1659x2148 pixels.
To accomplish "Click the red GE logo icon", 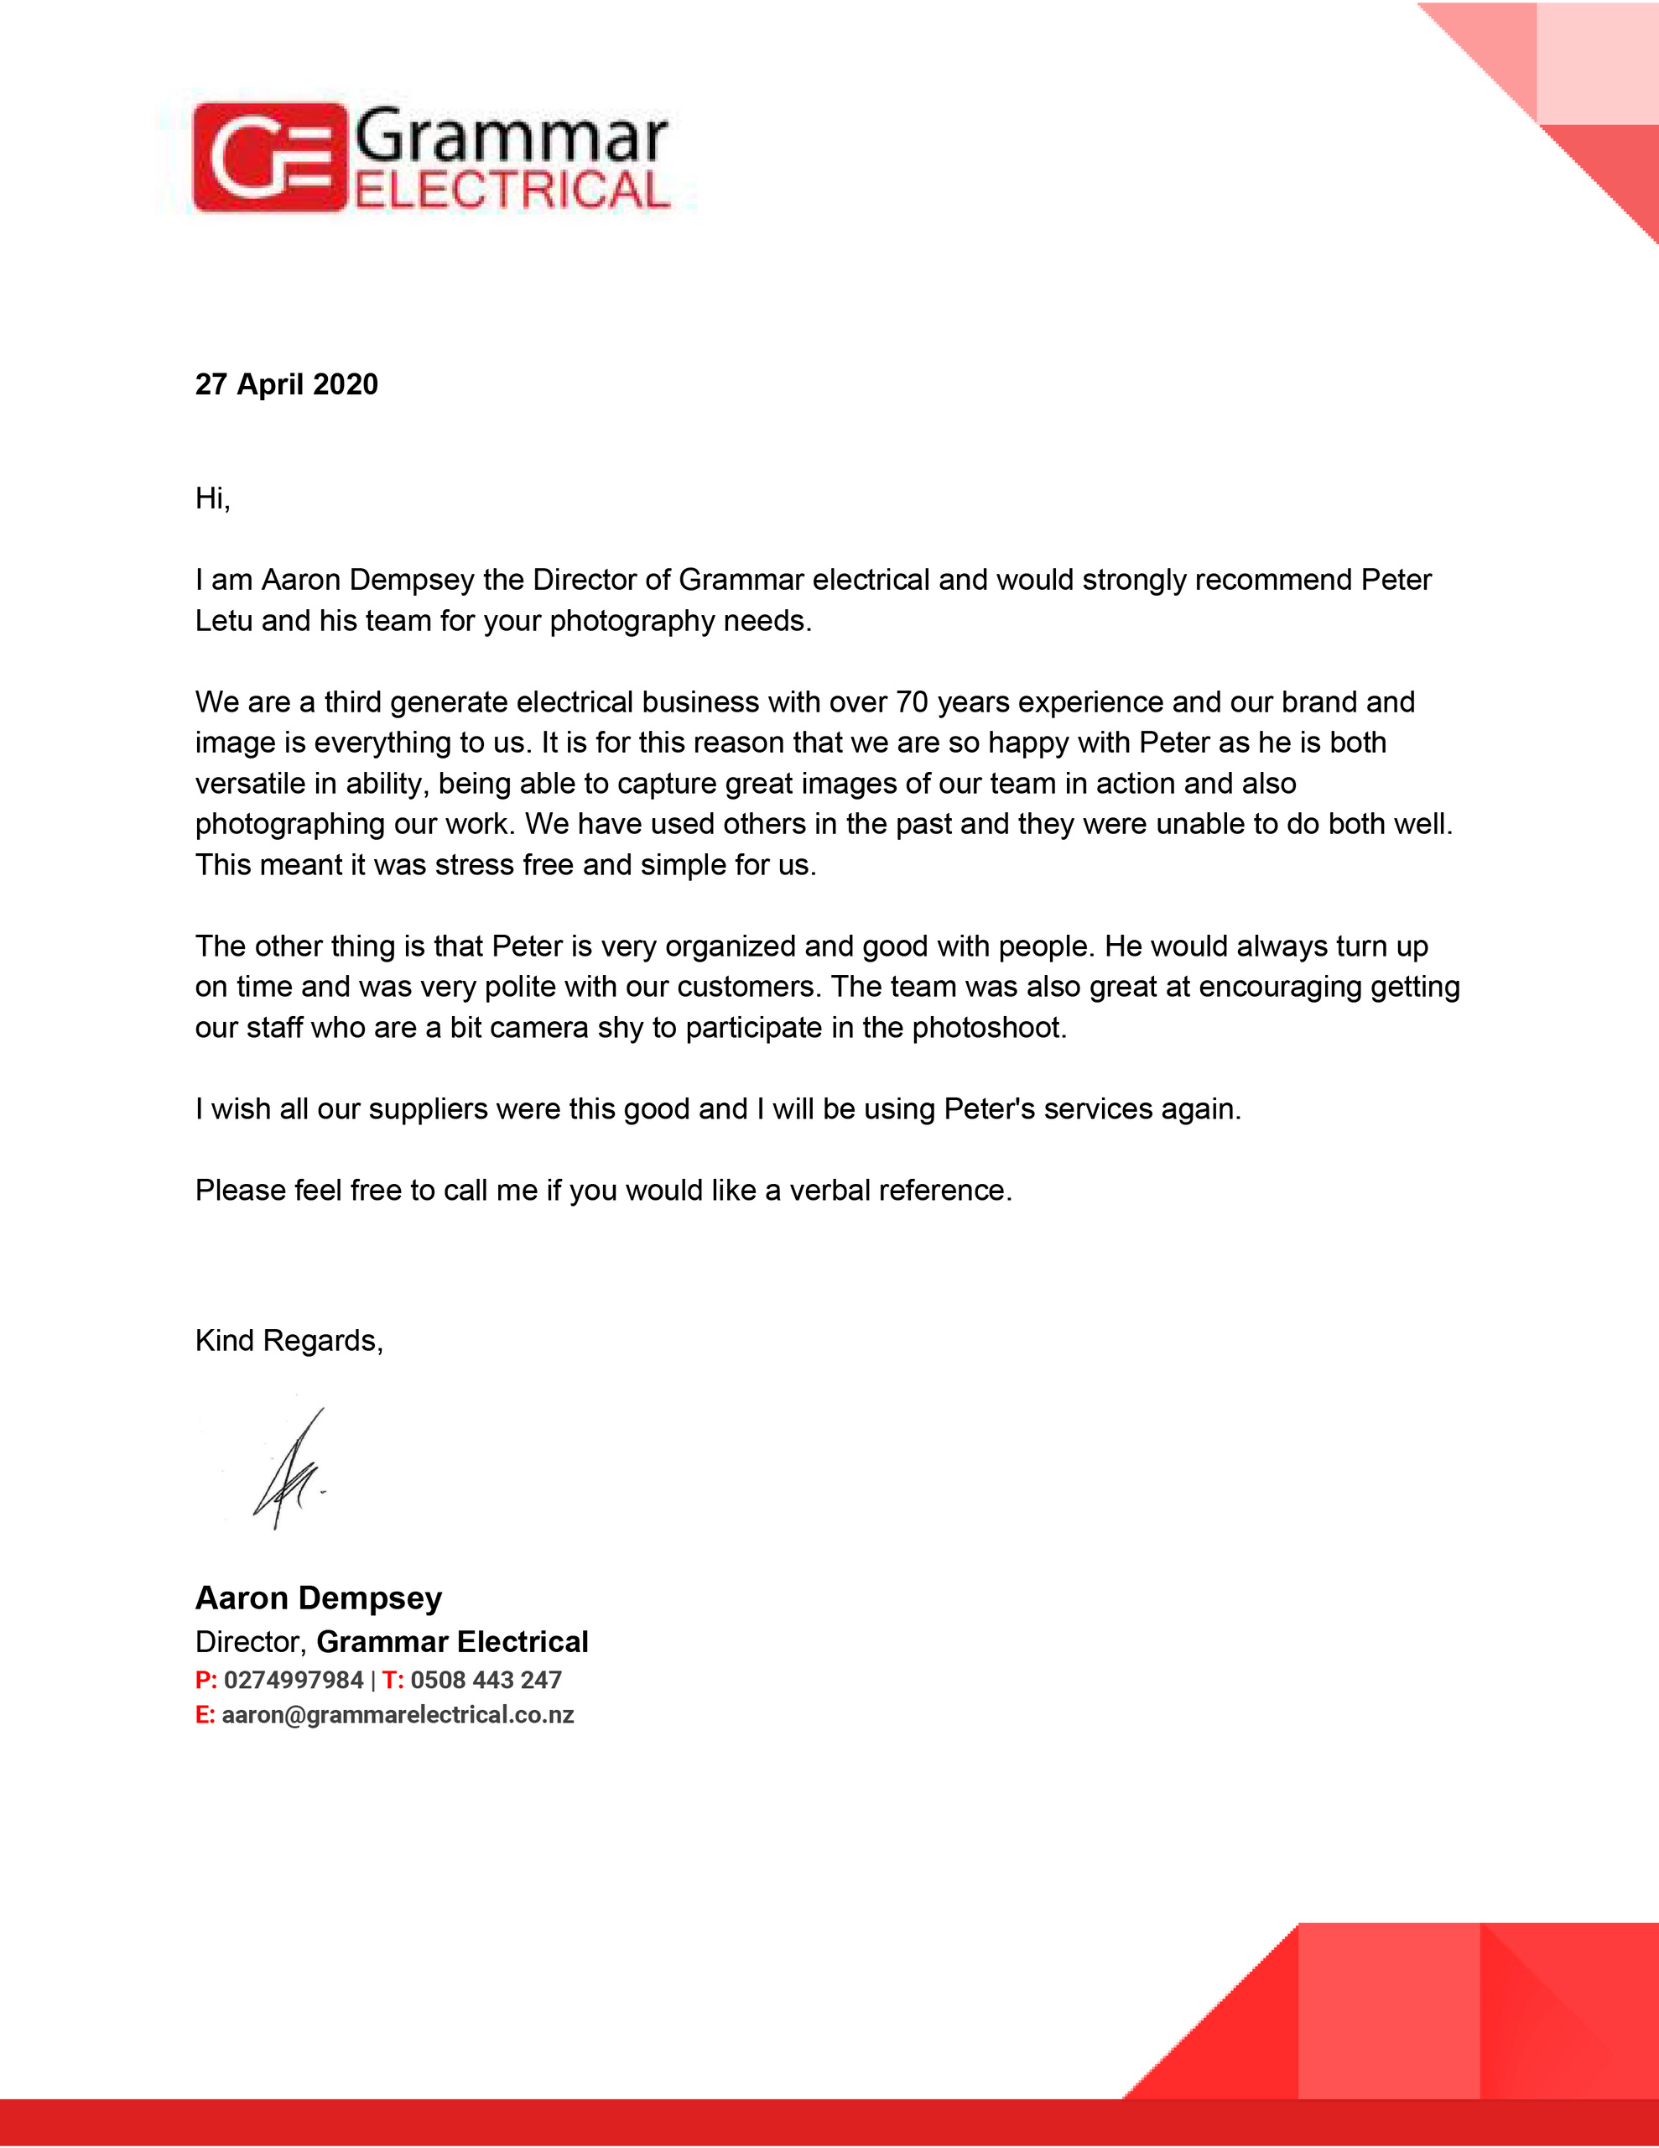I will point(269,158).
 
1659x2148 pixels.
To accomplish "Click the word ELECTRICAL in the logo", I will point(512,190).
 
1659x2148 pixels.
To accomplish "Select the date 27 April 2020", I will point(286,384).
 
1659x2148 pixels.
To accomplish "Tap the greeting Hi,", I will point(212,498).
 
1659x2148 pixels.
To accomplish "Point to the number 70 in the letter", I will point(912,702).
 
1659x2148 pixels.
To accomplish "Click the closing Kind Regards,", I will point(289,1341).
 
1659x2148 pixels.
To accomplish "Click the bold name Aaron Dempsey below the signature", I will point(319,1598).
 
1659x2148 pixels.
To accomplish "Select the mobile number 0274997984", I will point(293,1680).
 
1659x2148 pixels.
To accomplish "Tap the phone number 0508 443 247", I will point(486,1680).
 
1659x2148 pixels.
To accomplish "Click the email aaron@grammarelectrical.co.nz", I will point(398,1715).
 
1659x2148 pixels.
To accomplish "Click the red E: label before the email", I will point(205,1715).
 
